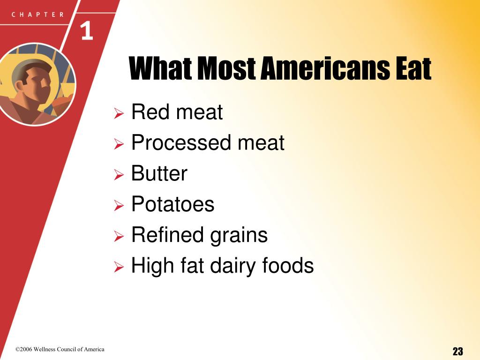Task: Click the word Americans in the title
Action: point(325,68)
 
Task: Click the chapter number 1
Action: point(87,31)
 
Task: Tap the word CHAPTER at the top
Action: point(37,15)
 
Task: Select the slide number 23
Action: point(457,351)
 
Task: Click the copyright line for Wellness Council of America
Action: point(60,349)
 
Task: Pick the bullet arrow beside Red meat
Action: point(119,113)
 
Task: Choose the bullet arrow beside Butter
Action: point(119,174)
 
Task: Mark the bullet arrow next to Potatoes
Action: point(119,205)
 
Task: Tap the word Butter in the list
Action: point(159,173)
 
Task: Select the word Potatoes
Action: point(172,204)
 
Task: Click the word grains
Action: point(239,236)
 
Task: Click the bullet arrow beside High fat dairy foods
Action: point(119,267)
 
